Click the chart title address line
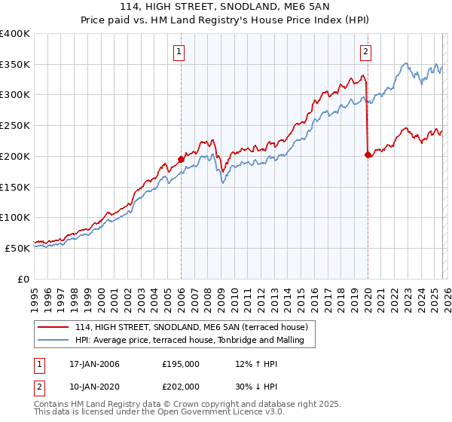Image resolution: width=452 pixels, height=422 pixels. point(225,7)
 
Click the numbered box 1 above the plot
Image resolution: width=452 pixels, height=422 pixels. point(180,52)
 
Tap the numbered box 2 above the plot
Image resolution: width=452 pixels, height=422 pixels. point(365,52)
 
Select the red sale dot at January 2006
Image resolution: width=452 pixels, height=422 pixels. point(181,159)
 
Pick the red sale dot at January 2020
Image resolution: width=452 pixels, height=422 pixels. point(368,154)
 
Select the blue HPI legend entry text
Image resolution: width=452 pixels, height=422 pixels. point(188,341)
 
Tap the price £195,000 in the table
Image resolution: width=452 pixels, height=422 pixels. point(181,364)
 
